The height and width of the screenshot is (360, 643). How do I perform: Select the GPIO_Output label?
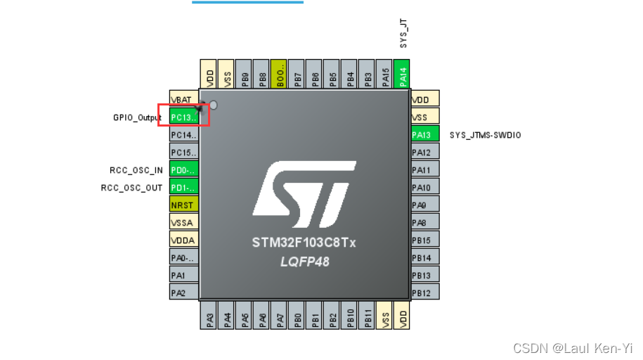pyautogui.click(x=137, y=117)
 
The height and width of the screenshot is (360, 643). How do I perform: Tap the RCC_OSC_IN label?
pyautogui.click(x=136, y=170)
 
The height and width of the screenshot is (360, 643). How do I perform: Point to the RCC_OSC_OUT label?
pyautogui.click(x=132, y=188)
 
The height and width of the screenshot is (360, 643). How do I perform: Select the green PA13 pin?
pyautogui.click(x=425, y=134)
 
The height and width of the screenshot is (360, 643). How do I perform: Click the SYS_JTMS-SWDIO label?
pyautogui.click(x=486, y=134)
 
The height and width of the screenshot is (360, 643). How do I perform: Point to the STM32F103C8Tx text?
pyautogui.click(x=304, y=243)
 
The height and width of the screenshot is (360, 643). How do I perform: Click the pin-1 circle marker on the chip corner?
pyautogui.click(x=214, y=105)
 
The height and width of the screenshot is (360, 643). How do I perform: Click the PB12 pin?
pyautogui.click(x=425, y=292)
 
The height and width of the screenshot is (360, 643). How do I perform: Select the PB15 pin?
pyautogui.click(x=425, y=240)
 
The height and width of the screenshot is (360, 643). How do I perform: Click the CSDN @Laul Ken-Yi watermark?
pyautogui.click(x=573, y=348)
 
